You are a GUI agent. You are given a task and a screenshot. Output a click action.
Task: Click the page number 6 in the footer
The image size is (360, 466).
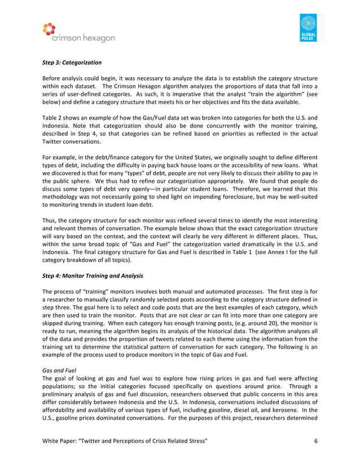coord(315,448)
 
